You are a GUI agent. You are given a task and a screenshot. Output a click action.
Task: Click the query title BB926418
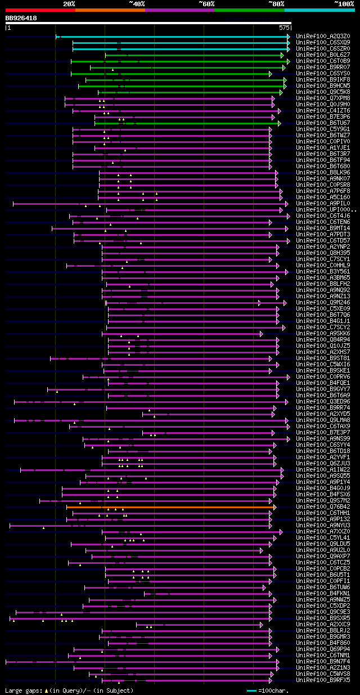point(21,18)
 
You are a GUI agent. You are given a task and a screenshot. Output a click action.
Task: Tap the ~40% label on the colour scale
point(137,3)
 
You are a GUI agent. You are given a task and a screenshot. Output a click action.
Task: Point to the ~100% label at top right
point(344,3)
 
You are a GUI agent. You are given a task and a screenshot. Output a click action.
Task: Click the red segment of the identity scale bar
point(40,10)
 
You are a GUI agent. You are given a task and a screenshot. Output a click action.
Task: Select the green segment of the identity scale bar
point(249,10)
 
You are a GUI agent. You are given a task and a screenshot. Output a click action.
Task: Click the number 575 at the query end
point(283,27)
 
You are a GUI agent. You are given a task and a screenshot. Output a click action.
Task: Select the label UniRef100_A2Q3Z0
point(323,36)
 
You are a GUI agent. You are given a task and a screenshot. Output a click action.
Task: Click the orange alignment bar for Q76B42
point(169,507)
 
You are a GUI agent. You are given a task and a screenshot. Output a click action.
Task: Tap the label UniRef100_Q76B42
point(323,507)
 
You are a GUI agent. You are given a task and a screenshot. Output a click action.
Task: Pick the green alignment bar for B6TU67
point(197,123)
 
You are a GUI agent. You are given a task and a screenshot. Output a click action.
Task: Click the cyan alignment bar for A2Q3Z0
point(174,36)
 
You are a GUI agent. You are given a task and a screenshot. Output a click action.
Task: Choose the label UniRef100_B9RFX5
point(323,680)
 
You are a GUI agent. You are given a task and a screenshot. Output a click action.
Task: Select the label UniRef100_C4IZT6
point(323,110)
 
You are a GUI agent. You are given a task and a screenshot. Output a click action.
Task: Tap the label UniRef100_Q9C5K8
point(323,92)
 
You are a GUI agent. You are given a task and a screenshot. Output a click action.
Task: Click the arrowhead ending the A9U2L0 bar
point(262,550)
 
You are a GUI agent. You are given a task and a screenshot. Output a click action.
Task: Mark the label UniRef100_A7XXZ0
point(323,532)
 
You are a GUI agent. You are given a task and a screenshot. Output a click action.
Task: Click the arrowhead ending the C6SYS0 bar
point(271,74)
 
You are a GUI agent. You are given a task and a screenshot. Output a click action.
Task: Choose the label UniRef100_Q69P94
point(323,649)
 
